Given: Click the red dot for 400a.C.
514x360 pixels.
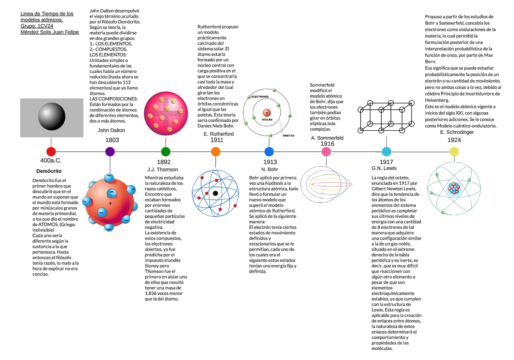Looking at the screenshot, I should [x=51, y=151].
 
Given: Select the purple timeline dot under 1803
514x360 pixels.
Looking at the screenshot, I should [x=110, y=151].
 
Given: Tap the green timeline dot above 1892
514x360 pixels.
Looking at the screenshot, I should [x=166, y=151].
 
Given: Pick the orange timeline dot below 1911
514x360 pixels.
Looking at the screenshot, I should [x=216, y=151].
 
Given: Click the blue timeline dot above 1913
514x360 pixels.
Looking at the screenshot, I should [x=269, y=151].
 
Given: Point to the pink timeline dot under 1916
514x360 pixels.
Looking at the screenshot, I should [x=326, y=151].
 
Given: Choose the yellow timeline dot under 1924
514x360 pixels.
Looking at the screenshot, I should [x=454, y=151].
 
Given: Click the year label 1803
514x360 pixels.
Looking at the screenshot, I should [x=112, y=140].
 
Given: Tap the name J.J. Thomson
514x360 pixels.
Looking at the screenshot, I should [x=162, y=170].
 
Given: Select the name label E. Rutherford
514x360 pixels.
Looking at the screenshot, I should [x=218, y=134].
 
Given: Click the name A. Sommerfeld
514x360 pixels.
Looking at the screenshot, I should [x=327, y=138].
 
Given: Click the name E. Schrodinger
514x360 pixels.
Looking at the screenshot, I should [x=457, y=132].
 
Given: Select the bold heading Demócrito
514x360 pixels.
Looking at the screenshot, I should [x=49, y=171].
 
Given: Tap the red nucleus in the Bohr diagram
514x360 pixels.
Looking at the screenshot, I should [x=267, y=113].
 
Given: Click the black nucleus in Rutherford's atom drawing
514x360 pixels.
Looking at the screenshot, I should [x=215, y=193].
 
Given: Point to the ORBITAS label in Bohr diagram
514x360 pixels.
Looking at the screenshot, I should [x=288, y=135].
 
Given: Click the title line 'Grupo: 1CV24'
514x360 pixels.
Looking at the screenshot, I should [x=37, y=26].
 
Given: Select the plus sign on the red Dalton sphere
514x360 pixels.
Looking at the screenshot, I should [x=111, y=203].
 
